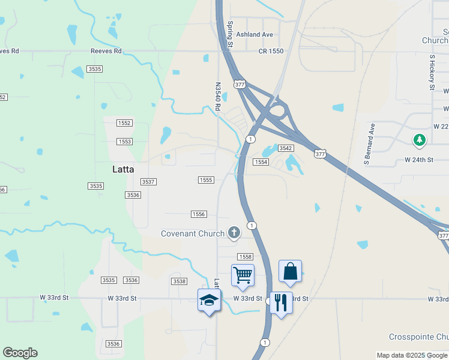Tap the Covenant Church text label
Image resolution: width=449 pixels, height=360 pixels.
(x=193, y=233)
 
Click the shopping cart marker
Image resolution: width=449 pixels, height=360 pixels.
(x=243, y=275)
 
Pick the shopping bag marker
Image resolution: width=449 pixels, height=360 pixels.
(x=290, y=271)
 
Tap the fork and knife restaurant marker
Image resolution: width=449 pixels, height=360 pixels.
(x=281, y=302)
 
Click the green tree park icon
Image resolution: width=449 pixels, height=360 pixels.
(x=419, y=140)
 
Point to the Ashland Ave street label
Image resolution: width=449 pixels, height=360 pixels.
(x=254, y=35)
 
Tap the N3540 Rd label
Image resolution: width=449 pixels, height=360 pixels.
(x=218, y=97)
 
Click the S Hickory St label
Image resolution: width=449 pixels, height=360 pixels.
(x=432, y=73)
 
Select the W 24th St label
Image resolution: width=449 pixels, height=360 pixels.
(x=419, y=160)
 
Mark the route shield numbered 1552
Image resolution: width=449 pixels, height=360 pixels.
(x=124, y=123)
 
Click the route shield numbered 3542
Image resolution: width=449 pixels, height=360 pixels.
(x=286, y=148)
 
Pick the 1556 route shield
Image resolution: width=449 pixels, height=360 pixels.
(x=199, y=214)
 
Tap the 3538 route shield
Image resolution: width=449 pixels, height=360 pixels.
(x=179, y=281)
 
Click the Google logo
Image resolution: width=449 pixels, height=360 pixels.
(x=20, y=353)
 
